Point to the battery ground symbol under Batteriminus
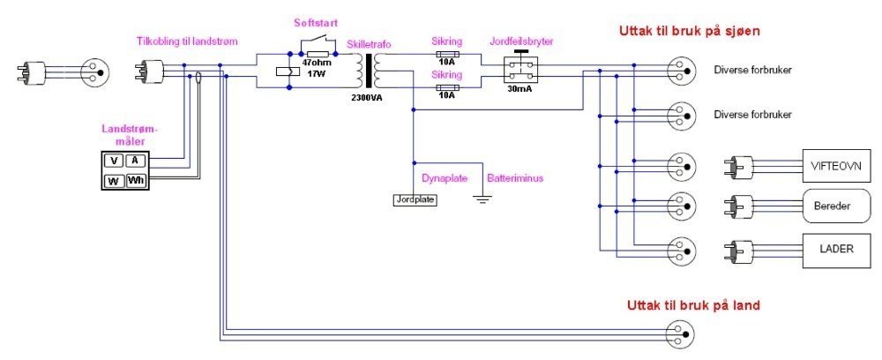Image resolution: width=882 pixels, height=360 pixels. coord(482,200)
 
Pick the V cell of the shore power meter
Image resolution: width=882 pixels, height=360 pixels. coord(114,161)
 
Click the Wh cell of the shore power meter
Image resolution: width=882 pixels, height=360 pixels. coord(136,181)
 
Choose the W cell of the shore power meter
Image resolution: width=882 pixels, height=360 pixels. coord(114,181)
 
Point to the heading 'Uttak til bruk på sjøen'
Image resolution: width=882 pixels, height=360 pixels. coord(690,32)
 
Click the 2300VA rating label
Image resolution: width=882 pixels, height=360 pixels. coord(367,97)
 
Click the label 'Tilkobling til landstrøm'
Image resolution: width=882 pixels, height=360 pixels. coord(186,41)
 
